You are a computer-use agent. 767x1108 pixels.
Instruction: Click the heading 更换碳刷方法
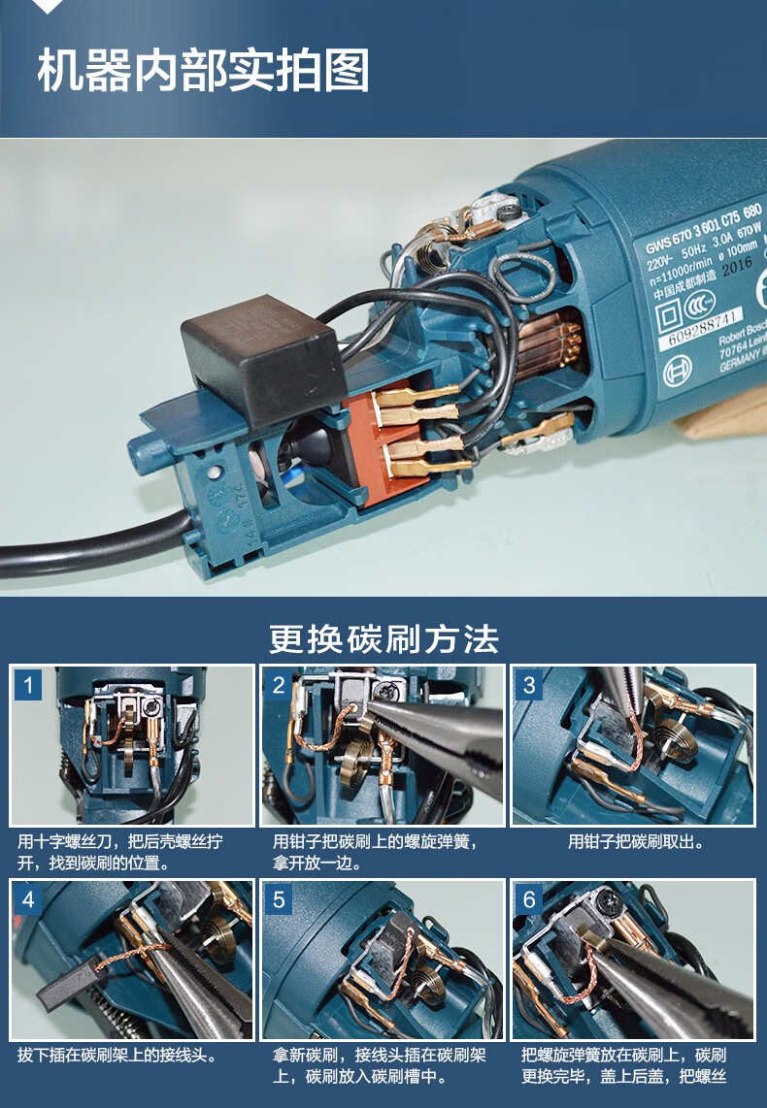click(x=383, y=639)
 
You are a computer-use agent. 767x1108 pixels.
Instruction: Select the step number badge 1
click(x=28, y=686)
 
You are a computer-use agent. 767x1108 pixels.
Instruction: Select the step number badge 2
click(x=279, y=686)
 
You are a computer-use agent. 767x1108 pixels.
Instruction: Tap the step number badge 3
click(x=529, y=686)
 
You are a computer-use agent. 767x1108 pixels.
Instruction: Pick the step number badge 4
click(x=28, y=899)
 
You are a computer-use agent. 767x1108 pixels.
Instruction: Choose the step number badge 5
click(x=279, y=899)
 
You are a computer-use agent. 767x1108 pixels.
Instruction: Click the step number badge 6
click(x=529, y=899)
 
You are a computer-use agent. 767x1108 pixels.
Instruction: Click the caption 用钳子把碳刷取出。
click(x=635, y=842)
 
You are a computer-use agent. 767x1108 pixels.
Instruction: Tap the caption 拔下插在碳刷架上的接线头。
click(x=117, y=1055)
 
